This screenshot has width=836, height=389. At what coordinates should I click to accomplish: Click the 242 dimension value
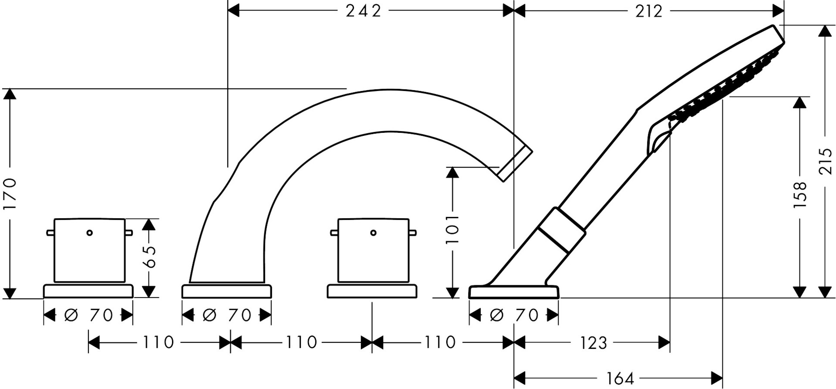coord(363,11)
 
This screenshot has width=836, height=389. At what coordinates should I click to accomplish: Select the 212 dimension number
coord(649,11)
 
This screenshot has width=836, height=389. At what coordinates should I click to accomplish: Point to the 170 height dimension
coord(10,193)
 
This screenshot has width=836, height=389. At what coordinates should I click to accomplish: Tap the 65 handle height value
coord(149,257)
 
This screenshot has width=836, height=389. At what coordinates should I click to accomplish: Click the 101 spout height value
coord(453,229)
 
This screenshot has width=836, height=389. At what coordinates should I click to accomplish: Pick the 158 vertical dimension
coord(800,194)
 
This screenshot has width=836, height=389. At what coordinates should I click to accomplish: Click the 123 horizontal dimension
coord(593,343)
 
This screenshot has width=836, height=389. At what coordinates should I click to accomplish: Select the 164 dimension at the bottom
coord(620,378)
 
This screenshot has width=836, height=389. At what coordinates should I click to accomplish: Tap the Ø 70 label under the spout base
coord(227,315)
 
